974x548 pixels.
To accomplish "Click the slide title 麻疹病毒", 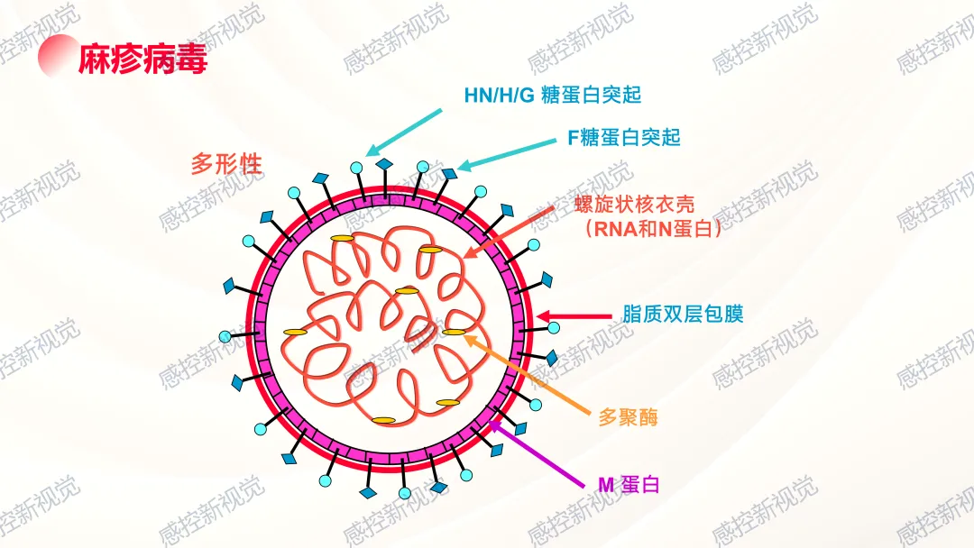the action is pos(142,59).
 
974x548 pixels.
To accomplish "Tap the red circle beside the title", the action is pos(56,56).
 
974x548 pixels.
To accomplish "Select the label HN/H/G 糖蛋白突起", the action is pos(552,95).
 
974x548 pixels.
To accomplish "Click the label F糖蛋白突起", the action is pos(623,138).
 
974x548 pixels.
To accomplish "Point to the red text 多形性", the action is pos(226,164).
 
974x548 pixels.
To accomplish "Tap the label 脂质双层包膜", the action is pos(683,315).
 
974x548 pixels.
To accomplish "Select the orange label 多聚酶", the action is pos(628,417).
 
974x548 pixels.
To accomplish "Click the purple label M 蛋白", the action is pos(629,485).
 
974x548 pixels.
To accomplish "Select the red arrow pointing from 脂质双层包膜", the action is pos(576,317).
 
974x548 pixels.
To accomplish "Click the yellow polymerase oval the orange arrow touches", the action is pos(454,333).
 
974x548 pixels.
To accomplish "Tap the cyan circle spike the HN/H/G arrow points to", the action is pos(357,167).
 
